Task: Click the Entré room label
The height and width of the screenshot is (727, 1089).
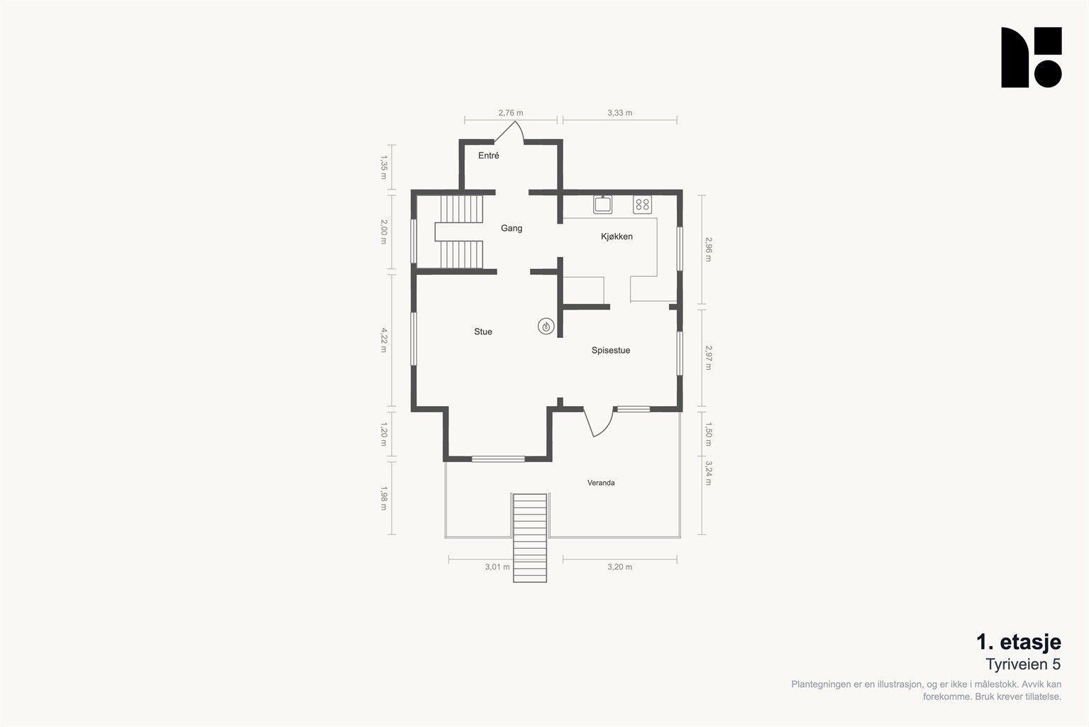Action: coord(489,155)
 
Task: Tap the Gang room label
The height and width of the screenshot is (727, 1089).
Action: coord(512,228)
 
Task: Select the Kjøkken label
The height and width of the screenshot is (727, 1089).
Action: coord(617,236)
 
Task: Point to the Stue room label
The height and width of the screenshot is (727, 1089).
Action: coord(483,332)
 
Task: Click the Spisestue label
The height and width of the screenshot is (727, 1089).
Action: coord(611,350)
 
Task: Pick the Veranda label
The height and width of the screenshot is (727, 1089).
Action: coord(601,483)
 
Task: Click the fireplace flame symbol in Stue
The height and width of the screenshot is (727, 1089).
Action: coord(546,326)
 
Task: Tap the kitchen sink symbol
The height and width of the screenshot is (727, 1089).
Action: coord(602,204)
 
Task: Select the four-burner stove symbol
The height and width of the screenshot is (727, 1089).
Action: coord(642,204)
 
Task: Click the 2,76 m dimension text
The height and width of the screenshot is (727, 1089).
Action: coord(511,113)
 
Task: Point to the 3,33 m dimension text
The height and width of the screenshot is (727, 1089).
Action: coord(620,113)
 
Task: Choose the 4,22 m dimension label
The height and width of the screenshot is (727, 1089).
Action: coord(384,340)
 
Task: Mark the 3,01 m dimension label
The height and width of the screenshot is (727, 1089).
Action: coord(497,567)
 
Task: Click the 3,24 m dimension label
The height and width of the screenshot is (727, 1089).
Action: coord(708,474)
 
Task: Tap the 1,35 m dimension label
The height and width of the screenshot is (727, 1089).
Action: coord(384,168)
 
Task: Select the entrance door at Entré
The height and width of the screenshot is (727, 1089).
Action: coord(509,131)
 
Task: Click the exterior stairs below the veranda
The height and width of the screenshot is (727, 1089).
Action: coord(530,537)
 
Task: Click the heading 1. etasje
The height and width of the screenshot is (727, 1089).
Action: coord(1019,643)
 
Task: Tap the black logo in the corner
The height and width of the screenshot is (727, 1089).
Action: coord(1031,58)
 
